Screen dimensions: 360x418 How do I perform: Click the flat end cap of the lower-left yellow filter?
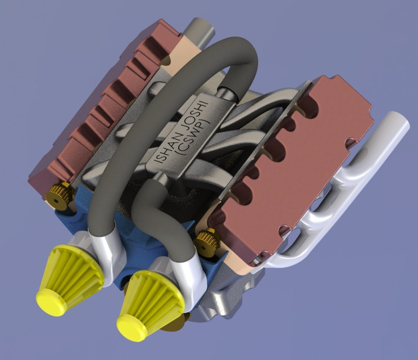(52, 299)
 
